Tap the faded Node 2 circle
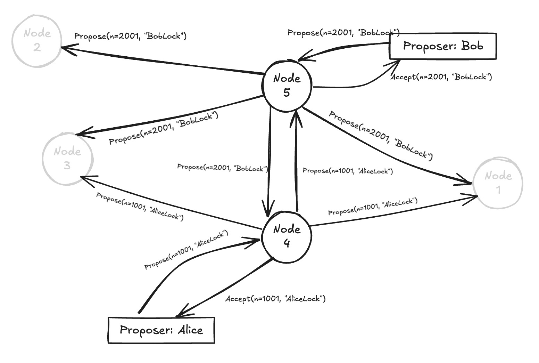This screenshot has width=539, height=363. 36,41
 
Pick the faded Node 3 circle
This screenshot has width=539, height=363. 67,159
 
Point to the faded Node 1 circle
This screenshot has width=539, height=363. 498,183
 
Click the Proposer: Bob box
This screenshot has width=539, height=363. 443,46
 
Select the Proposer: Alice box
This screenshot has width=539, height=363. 161,330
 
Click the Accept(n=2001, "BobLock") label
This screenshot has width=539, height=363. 441,77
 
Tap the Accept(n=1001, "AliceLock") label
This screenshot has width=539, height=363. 275,299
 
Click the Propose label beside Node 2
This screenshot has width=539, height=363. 130,36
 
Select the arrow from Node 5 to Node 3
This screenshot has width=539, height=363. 170,116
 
